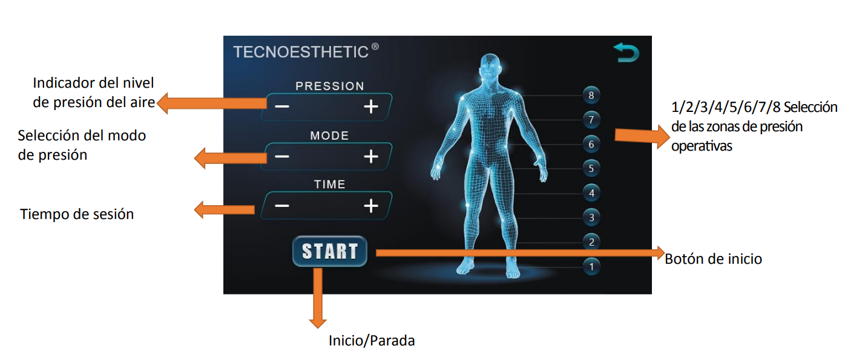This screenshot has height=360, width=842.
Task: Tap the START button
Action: tap(330, 251)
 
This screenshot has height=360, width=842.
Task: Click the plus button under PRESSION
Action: tap(371, 106)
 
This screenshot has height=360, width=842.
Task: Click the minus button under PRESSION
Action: tap(282, 106)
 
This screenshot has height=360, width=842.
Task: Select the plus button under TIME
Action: tap(371, 206)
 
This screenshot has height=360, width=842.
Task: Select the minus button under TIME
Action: tap(282, 206)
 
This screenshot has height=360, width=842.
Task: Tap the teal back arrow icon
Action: tap(627, 53)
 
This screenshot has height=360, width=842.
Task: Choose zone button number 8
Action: tap(591, 96)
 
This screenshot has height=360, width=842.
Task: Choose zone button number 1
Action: tap(591, 267)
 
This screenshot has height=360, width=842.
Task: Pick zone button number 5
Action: tap(591, 168)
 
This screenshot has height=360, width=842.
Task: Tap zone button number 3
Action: tap(591, 218)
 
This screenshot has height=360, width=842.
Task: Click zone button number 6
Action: tap(591, 144)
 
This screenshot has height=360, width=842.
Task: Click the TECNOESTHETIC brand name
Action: tap(301, 52)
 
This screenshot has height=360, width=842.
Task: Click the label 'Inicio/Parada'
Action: tap(372, 341)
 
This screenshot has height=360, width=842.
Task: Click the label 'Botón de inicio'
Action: tap(713, 259)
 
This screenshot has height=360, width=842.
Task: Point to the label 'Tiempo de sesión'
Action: tap(77, 214)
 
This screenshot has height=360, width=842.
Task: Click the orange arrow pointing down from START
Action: tap(318, 298)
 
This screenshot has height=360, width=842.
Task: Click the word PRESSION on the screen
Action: tap(330, 86)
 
